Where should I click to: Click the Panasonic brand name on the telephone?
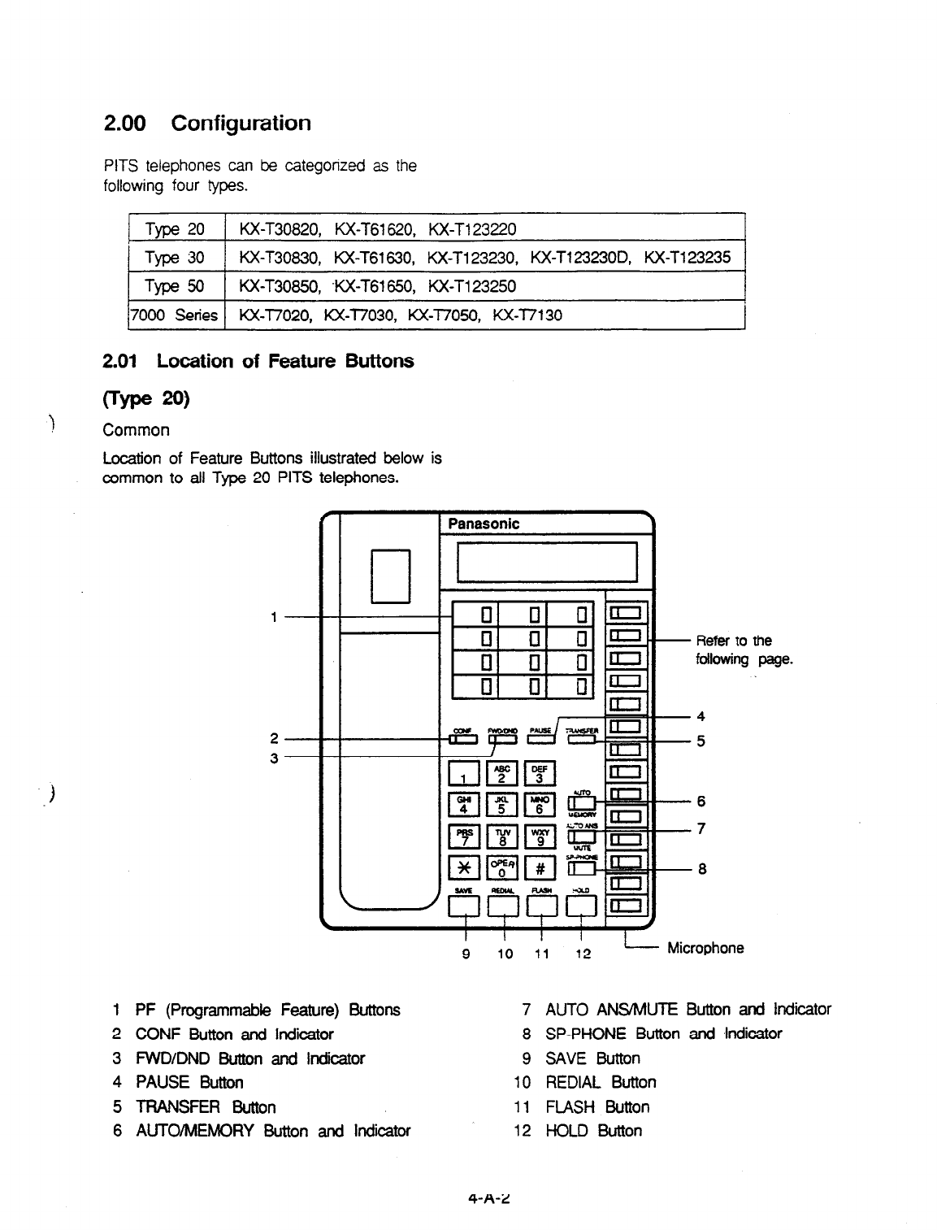pos(484,524)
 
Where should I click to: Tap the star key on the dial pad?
pos(463,867)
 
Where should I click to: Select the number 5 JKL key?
pos(501,805)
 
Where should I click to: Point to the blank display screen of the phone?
pos(547,562)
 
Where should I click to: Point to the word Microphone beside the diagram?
pos(705,948)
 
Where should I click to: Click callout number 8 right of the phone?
pos(702,868)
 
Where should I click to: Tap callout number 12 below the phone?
pos(583,954)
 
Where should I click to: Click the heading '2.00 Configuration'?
pos(207,124)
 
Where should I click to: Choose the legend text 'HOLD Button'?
pos(593,1131)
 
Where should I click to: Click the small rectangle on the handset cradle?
pos(391,576)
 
